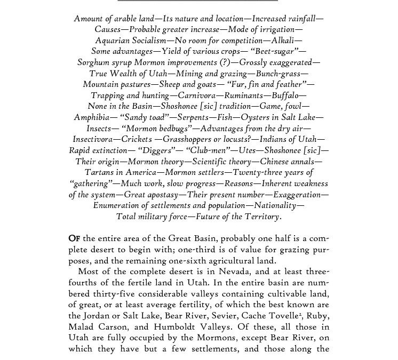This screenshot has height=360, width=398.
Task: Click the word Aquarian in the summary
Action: [x=113, y=41]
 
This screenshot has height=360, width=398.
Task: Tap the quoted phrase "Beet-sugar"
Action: [x=280, y=52]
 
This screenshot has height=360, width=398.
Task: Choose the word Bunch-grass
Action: [x=282, y=74]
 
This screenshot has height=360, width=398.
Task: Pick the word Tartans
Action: [x=102, y=172]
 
